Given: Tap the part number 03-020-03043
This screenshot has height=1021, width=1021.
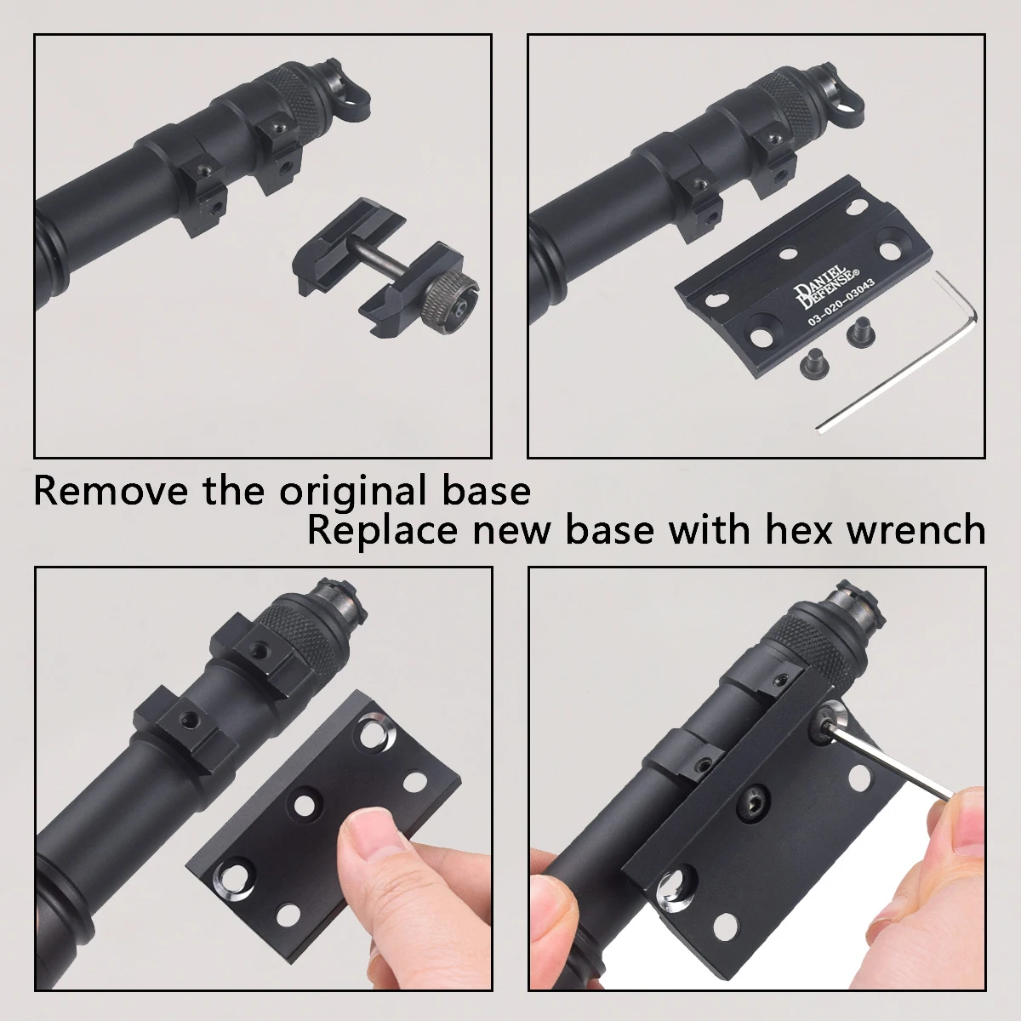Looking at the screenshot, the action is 841,303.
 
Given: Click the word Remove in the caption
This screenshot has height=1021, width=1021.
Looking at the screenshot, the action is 111,490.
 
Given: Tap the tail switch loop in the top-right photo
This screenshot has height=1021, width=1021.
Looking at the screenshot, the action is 842,93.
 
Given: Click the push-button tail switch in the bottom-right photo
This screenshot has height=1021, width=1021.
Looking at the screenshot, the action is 853,602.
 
